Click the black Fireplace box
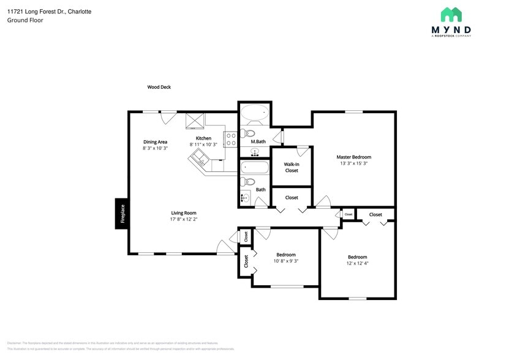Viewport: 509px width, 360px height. tap(122, 214)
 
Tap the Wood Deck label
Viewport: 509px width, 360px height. tap(159, 87)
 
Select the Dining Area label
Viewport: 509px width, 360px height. tap(155, 141)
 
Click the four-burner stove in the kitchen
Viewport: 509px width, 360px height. tap(231, 140)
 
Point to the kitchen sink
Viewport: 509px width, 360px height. tap(199, 161)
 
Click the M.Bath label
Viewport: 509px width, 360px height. tap(258, 141)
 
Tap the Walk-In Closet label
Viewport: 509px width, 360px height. tap(292, 167)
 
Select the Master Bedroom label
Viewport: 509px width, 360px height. tap(353, 157)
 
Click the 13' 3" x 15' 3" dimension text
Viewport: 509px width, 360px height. tap(353, 163)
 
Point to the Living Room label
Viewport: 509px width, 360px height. tap(183, 212)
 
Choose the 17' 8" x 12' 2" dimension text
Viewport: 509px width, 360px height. tap(183, 219)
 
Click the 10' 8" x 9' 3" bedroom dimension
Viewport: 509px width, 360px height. tap(286, 261)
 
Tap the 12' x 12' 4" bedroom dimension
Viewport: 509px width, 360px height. tap(358, 264)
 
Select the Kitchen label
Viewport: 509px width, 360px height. tap(203, 138)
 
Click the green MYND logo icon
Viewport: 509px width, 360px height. tap(451, 15)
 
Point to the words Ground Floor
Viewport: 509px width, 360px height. tap(21, 20)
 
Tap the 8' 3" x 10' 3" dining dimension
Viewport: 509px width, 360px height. tap(155, 148)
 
